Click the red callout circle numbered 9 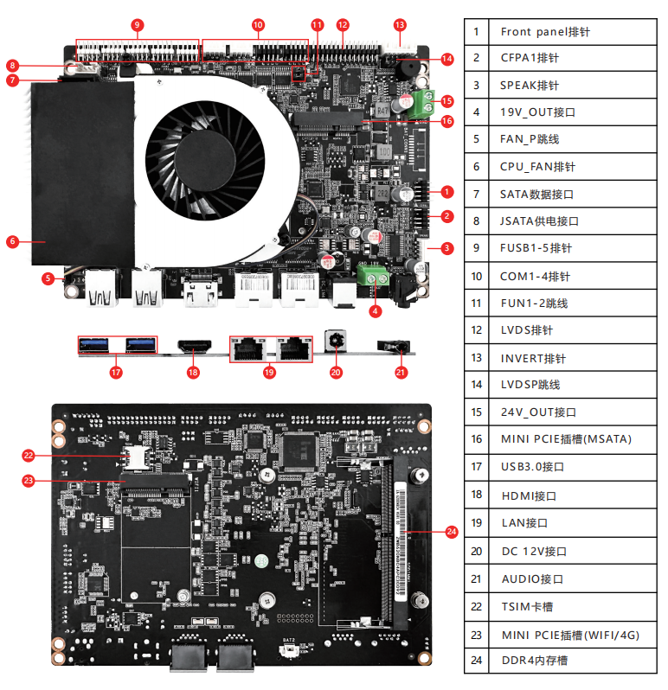(x=138, y=25)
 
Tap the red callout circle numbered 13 (x=400, y=25)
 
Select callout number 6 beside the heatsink (x=12, y=241)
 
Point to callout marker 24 (x=451, y=532)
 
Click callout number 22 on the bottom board (x=29, y=455)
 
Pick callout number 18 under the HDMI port (x=193, y=373)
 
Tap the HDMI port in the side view (x=194, y=346)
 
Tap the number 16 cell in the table (x=476, y=439)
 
